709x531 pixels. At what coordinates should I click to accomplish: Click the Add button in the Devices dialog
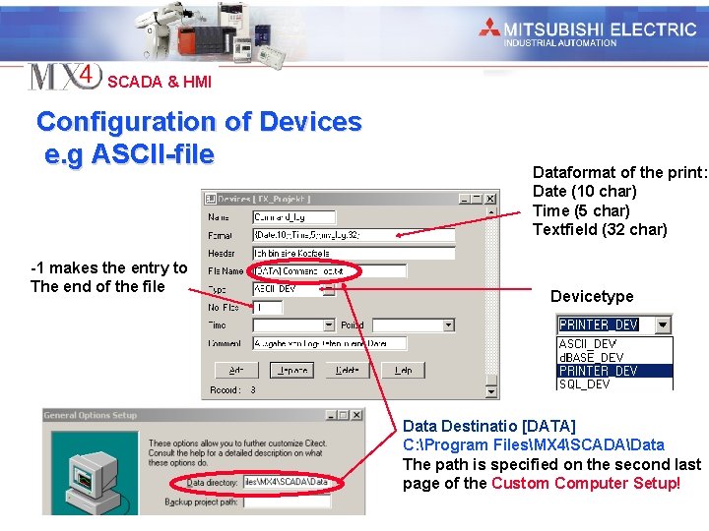click(236, 371)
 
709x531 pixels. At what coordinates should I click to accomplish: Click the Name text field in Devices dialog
click(293, 216)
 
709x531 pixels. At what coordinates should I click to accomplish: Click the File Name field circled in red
click(328, 270)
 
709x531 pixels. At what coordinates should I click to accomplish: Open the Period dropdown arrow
click(448, 324)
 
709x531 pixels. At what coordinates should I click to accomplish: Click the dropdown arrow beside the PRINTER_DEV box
click(664, 324)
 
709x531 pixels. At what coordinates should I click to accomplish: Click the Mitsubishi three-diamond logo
click(489, 29)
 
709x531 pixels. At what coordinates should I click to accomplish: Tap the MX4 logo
click(64, 77)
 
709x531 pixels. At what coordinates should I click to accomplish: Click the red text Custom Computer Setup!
click(585, 483)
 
